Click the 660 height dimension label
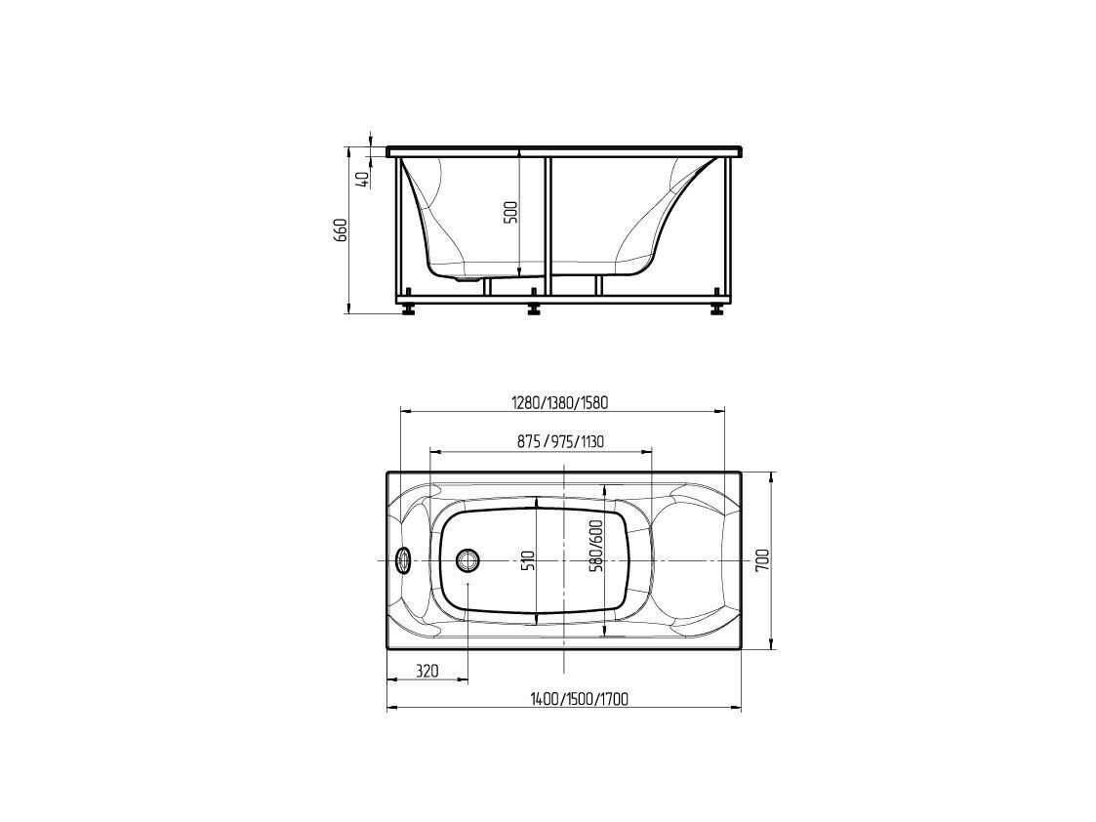[342, 230]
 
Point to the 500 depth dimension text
[511, 212]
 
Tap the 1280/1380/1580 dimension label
[560, 402]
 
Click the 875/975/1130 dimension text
[560, 442]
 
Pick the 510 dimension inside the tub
[529, 561]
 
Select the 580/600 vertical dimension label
[596, 556]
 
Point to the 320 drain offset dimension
[427, 671]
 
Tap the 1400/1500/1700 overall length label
[579, 699]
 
